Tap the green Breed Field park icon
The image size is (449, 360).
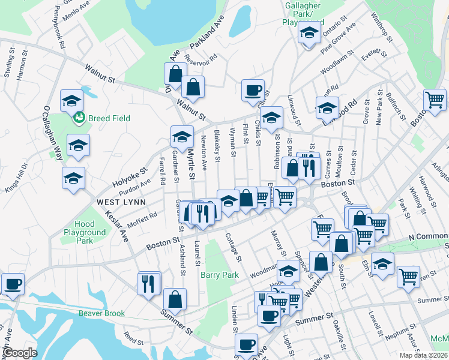click(x=78, y=118)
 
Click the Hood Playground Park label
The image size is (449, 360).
click(x=85, y=232)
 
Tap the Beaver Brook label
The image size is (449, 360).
click(x=101, y=313)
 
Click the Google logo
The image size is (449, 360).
click(x=20, y=353)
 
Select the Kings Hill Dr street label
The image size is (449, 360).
click(x=16, y=177)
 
